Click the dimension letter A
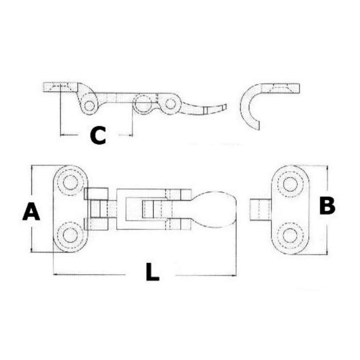tap(31, 211)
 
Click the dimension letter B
tap(327, 206)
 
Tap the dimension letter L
tap(152, 272)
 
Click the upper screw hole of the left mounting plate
tap(70, 183)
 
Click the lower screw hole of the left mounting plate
tap(70, 235)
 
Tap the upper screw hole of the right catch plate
tap(290, 184)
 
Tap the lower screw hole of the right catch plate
tap(290, 236)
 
